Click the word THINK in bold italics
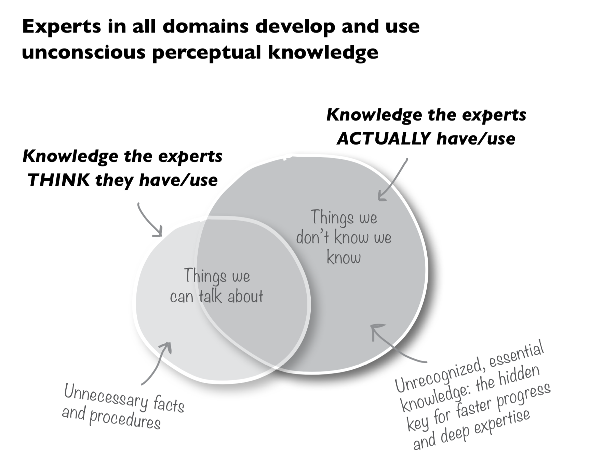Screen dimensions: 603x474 point(58,180)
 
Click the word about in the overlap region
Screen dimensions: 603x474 point(245,296)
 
